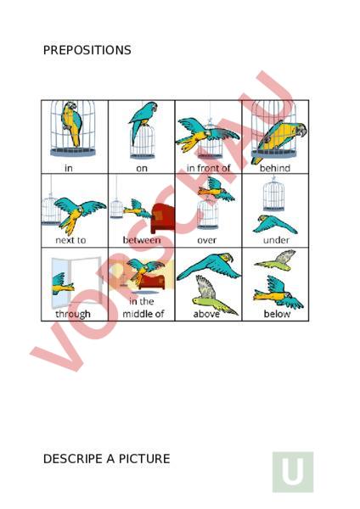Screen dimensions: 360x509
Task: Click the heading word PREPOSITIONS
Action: point(87,50)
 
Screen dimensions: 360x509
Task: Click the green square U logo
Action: point(293,472)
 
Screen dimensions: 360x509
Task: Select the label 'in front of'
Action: point(208,168)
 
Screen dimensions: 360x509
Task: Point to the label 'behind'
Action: point(275,168)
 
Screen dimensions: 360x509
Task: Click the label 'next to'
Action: point(70,240)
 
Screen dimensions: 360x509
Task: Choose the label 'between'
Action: point(142,240)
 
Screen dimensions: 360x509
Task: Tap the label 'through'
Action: point(73,314)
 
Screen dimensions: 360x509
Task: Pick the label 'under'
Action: point(276,240)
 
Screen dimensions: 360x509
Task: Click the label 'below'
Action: point(277,314)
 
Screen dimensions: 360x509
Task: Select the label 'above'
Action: point(206,314)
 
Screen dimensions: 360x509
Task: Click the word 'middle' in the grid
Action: point(136,314)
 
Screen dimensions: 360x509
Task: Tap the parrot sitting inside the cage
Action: point(72,123)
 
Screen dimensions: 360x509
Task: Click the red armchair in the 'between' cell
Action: point(163,218)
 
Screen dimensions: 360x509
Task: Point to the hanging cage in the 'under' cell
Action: point(273,194)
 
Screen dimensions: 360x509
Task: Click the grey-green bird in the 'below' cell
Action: point(276,260)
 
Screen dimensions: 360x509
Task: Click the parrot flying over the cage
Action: point(216,189)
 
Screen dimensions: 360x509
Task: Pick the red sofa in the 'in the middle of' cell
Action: point(152,282)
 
